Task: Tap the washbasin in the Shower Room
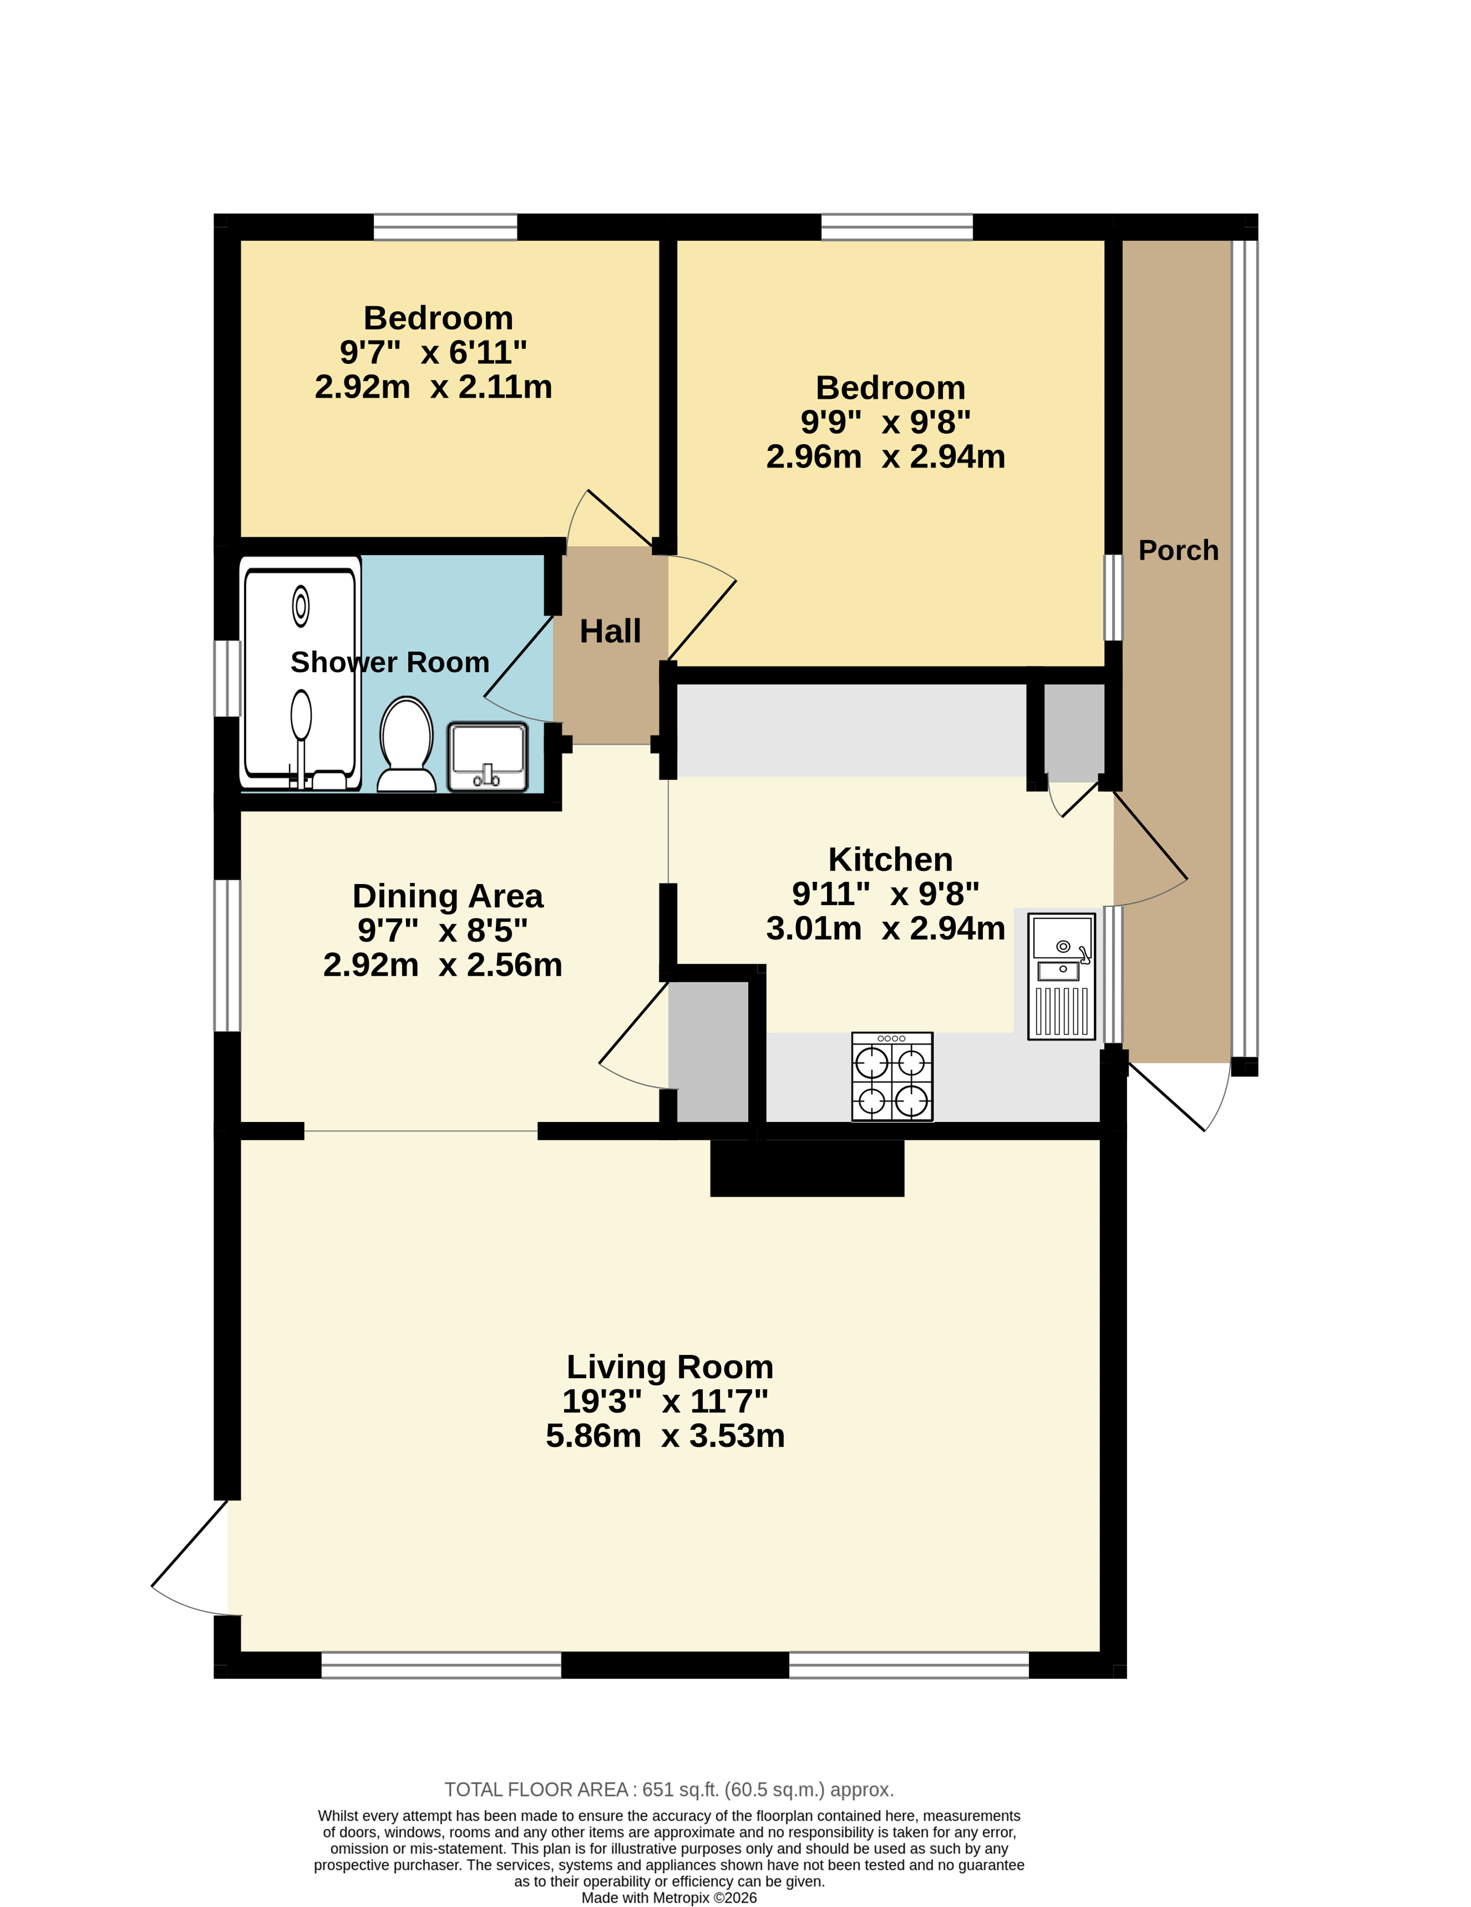point(488,756)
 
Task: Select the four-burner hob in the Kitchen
point(892,1077)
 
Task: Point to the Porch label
point(1178,550)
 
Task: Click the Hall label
point(610,631)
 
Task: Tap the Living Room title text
point(670,1367)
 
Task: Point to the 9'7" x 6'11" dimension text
point(433,352)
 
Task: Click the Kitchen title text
point(890,859)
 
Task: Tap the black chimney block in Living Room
point(807,1167)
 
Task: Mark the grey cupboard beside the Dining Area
point(709,1051)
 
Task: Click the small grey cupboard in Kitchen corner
point(1074,732)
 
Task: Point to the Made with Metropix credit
point(669,1898)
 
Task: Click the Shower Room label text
point(390,663)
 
